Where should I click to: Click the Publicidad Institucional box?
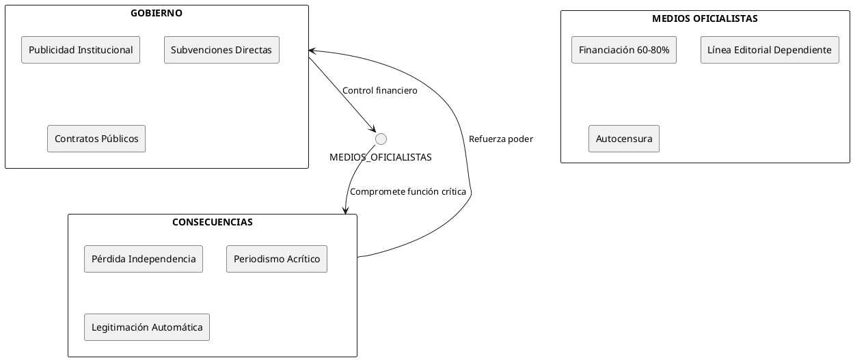pyautogui.click(x=81, y=50)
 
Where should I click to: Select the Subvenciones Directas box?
pyautogui.click(x=221, y=50)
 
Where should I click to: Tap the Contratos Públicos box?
pyautogui.click(x=96, y=139)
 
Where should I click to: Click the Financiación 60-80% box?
pyautogui.click(x=623, y=50)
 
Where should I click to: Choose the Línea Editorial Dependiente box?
pyautogui.click(x=769, y=50)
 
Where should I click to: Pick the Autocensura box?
pyautogui.click(x=623, y=139)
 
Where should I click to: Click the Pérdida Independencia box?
pyautogui.click(x=144, y=259)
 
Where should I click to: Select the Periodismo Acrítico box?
pyautogui.click(x=277, y=259)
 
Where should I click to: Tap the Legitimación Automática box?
pyautogui.click(x=147, y=327)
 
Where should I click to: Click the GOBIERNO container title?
pyautogui.click(x=157, y=13)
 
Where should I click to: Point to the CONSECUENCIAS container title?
pyautogui.click(x=213, y=222)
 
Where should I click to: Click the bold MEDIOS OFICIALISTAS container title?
pyautogui.click(x=705, y=18)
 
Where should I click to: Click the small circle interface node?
pyautogui.click(x=381, y=139)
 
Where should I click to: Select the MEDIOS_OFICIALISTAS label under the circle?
pyautogui.click(x=381, y=157)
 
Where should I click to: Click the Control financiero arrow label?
pyautogui.click(x=379, y=90)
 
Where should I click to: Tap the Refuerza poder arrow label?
pyautogui.click(x=500, y=139)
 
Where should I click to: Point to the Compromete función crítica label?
pyautogui.click(x=407, y=192)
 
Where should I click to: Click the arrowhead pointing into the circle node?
pyautogui.click(x=373, y=130)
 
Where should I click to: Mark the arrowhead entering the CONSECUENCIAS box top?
pyautogui.click(x=346, y=210)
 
